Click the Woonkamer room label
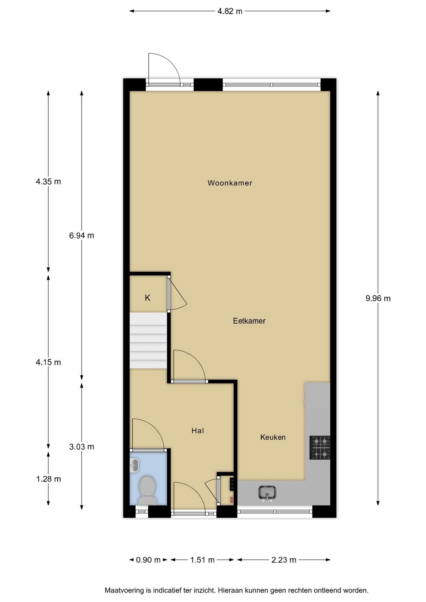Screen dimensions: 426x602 (x=230, y=183)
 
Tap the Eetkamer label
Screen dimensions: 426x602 (x=249, y=321)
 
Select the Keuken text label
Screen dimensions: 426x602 (x=273, y=437)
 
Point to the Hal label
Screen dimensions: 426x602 (x=198, y=431)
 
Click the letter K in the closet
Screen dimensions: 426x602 (x=147, y=298)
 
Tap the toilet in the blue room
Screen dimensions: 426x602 (x=147, y=490)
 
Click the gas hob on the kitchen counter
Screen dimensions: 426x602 (x=320, y=447)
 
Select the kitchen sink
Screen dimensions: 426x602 (x=267, y=493)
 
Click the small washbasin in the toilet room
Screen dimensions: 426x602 (x=134, y=465)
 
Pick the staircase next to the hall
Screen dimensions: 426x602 (x=148, y=341)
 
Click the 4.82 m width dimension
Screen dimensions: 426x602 (x=230, y=11)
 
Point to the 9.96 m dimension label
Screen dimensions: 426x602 (x=378, y=298)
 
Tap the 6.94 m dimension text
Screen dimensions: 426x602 (x=82, y=235)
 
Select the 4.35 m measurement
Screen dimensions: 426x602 (x=48, y=182)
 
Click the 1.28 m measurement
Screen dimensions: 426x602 (x=49, y=479)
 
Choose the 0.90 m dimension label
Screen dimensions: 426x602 (x=148, y=560)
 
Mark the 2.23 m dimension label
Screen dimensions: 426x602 (x=284, y=560)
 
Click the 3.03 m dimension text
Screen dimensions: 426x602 (x=82, y=447)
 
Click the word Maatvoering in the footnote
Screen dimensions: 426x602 (x=124, y=590)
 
